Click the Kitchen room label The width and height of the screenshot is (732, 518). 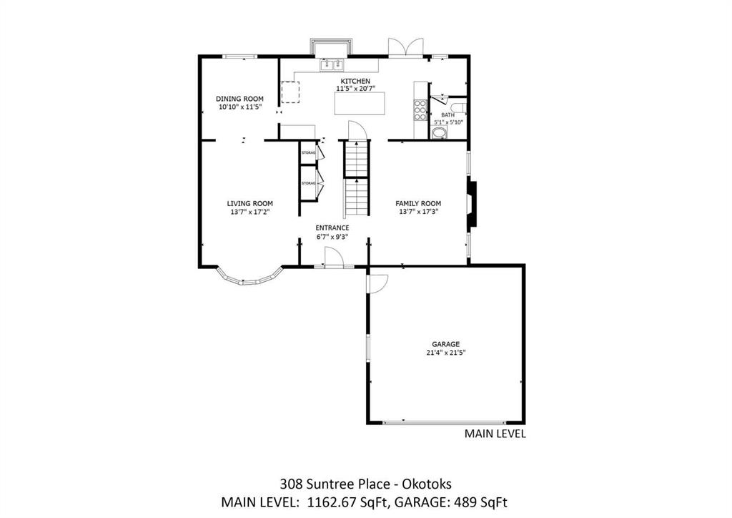355,82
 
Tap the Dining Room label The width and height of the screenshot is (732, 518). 239,99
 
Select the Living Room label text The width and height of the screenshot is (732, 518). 249,204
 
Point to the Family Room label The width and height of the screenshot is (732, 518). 418,204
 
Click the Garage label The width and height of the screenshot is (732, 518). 446,345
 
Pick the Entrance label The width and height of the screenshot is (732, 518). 332,228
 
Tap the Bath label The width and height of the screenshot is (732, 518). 447,115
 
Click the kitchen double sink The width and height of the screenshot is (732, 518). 332,65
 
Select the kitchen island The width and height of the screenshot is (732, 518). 360,103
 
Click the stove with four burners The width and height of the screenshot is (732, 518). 420,110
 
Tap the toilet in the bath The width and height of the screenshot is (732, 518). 458,107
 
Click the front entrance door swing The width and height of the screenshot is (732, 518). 335,257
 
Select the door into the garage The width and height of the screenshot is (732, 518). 377,284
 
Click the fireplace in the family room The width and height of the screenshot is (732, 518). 473,205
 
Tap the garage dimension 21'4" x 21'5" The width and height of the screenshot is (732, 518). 446,353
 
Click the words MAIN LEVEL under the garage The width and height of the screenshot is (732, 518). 495,434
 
